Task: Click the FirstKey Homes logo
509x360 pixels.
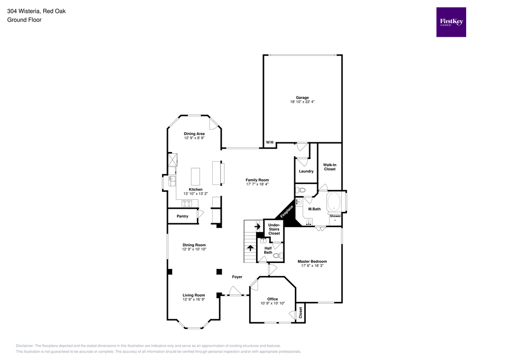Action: tap(451, 22)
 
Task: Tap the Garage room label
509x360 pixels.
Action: tap(302, 97)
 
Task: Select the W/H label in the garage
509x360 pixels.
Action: tap(270, 143)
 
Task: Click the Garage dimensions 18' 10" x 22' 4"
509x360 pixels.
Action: tap(302, 102)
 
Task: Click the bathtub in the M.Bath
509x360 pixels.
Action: tap(335, 202)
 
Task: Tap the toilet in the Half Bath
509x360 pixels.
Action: tap(277, 256)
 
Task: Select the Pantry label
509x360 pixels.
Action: tap(182, 216)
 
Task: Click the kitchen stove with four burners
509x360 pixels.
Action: tap(187, 203)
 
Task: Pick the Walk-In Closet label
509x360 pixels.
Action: tap(329, 167)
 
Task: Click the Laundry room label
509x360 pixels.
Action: tap(306, 171)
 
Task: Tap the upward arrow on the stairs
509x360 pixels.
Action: tap(250, 248)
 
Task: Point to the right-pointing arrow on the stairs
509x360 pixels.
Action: tap(257, 227)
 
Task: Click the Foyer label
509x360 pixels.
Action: tap(237, 276)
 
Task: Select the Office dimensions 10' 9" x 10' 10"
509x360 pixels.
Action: tap(272, 303)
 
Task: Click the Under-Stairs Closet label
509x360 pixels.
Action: tap(274, 229)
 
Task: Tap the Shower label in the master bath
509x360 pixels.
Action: tap(335, 216)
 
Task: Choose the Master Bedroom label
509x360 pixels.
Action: tap(312, 261)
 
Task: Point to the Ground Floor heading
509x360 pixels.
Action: tap(24, 20)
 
